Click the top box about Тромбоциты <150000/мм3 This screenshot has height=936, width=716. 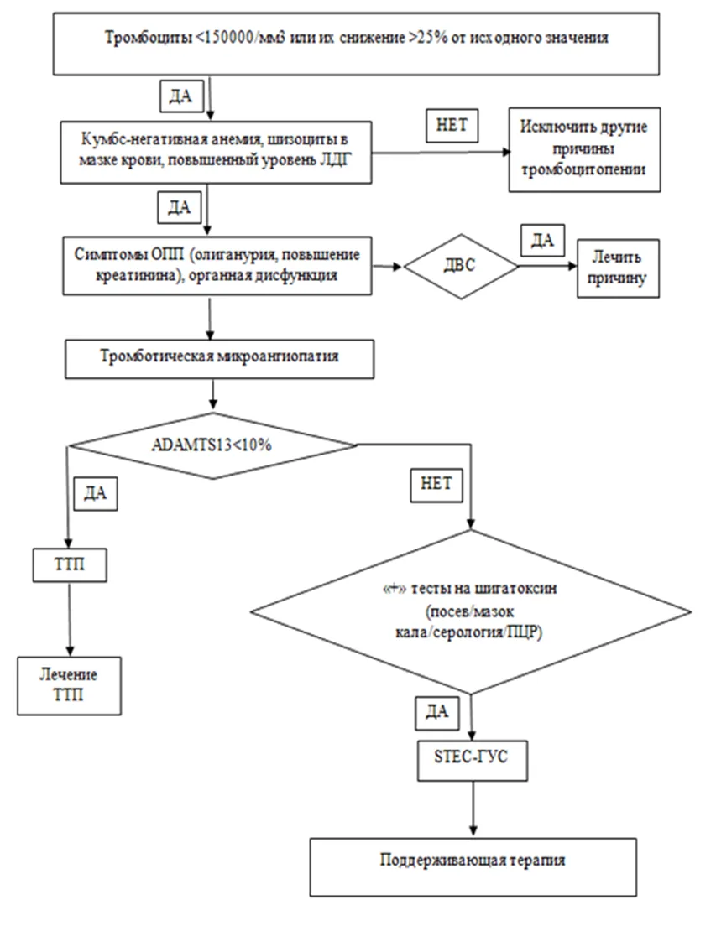(x=356, y=44)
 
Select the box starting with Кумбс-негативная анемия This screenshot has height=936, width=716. (x=216, y=152)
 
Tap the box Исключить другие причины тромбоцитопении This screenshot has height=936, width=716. (x=584, y=150)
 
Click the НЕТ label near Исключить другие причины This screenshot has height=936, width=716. (x=452, y=125)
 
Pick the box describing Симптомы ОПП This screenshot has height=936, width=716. (x=217, y=266)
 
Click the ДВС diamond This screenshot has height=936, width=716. (x=461, y=266)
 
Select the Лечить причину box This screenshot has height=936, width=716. (x=618, y=268)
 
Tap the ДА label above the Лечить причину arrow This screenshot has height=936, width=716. (x=543, y=240)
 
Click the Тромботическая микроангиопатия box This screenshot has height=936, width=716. (x=219, y=359)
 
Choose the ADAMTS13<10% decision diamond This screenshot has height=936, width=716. (x=212, y=445)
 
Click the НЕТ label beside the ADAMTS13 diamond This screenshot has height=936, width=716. (x=436, y=484)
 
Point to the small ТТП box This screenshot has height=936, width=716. (x=70, y=564)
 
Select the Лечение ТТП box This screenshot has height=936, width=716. (x=69, y=686)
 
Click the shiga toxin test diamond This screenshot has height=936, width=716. (x=470, y=612)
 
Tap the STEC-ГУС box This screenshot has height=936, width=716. (x=472, y=761)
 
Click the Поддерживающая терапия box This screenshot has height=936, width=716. (x=473, y=866)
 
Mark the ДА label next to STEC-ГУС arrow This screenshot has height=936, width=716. (x=436, y=712)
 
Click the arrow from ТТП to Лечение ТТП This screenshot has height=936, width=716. (x=70, y=620)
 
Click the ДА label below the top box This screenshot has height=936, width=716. (x=181, y=96)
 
